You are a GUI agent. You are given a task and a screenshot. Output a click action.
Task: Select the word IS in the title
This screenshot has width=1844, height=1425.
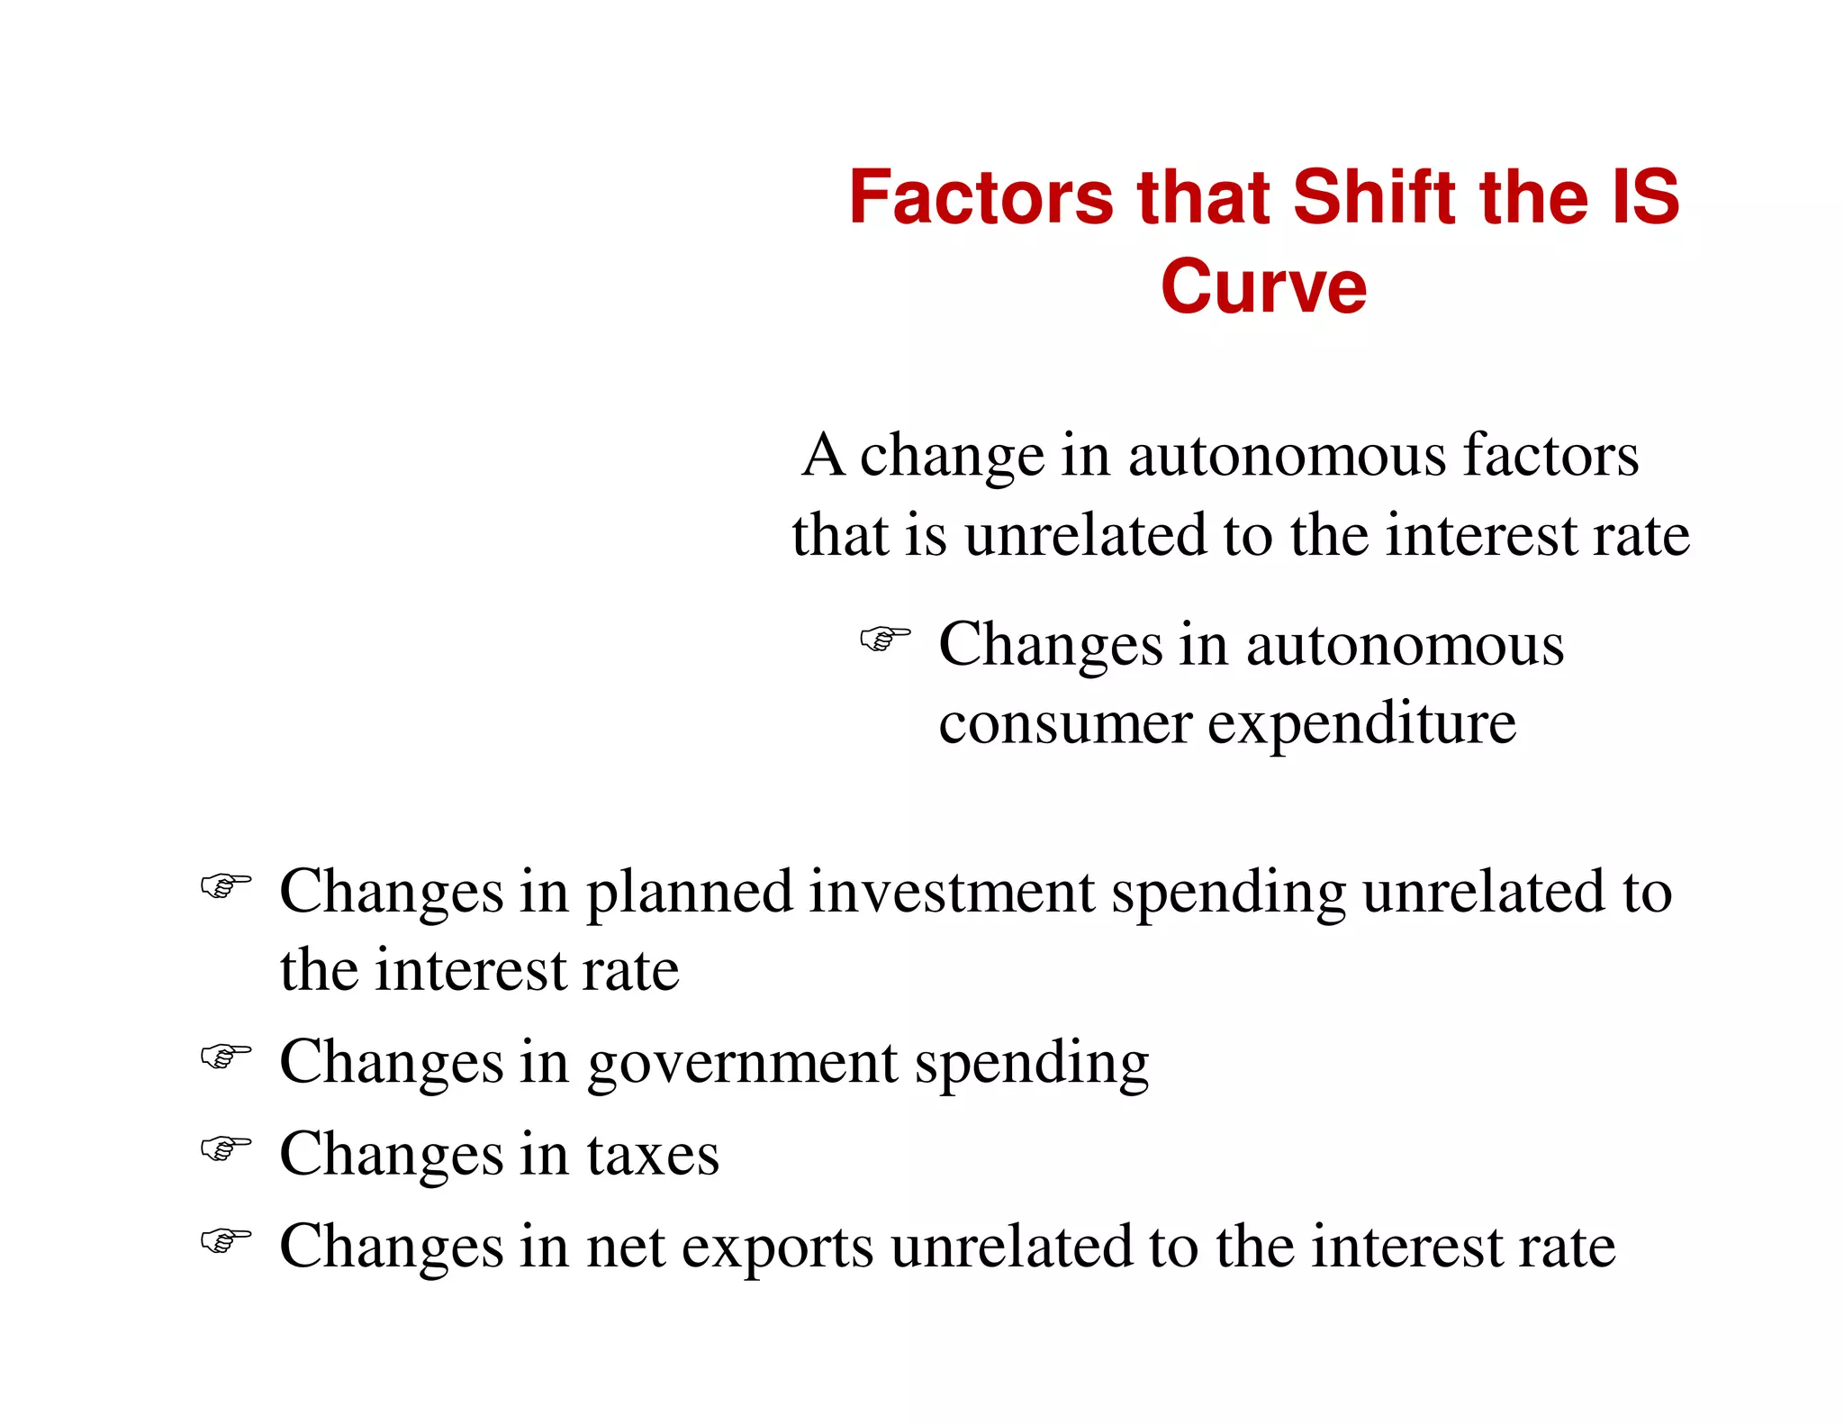pyautogui.click(x=1644, y=197)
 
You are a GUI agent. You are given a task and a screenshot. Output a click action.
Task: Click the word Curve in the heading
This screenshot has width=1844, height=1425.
pyautogui.click(x=1263, y=287)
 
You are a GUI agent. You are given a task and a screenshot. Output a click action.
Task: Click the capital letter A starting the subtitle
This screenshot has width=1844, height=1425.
pyautogui.click(x=823, y=455)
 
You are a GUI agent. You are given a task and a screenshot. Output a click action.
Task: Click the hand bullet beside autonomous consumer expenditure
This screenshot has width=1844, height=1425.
pyautogui.click(x=884, y=639)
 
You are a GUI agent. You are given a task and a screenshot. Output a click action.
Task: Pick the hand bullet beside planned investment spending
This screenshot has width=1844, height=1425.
pyautogui.click(x=225, y=885)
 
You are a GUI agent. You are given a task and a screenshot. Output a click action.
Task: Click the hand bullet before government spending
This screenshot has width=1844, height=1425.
pyautogui.click(x=225, y=1055)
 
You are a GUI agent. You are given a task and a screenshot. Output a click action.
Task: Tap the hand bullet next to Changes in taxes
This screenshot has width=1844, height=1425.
pyautogui.click(x=225, y=1148)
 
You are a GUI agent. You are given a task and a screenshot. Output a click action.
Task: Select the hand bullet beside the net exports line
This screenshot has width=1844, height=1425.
pyautogui.click(x=225, y=1240)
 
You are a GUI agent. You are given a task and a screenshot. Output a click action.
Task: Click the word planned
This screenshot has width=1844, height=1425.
pyautogui.click(x=690, y=893)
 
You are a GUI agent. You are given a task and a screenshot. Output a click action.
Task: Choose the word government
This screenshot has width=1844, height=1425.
pyautogui.click(x=742, y=1063)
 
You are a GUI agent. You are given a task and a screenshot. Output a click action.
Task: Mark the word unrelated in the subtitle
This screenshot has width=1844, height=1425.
pyautogui.click(x=1085, y=535)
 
